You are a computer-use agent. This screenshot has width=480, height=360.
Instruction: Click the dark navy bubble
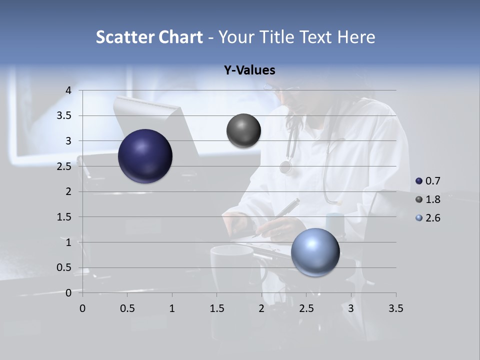[145, 156]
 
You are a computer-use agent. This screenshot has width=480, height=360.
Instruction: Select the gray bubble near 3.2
[243, 131]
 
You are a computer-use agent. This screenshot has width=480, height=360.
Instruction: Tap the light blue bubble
[315, 252]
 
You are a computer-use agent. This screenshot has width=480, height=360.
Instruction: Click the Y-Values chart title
[249, 70]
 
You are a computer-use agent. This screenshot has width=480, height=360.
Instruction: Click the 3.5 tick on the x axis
[395, 308]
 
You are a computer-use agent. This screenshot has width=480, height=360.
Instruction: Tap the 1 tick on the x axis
[172, 308]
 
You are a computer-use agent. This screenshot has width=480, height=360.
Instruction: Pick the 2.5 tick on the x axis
[306, 308]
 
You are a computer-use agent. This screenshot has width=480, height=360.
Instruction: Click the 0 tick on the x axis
[82, 308]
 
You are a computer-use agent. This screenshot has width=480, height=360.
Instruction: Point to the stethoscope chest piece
[285, 167]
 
